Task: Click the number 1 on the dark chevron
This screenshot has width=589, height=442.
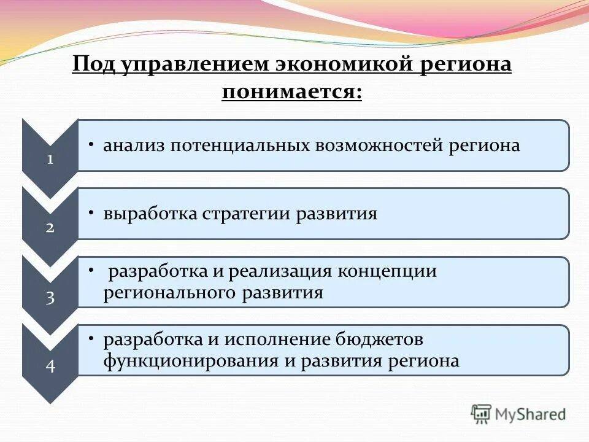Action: coord(50,160)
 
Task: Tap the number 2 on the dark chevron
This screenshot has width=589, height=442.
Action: coord(50,228)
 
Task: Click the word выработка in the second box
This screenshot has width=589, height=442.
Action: coord(149,214)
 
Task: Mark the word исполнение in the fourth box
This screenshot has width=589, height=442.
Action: coord(277,339)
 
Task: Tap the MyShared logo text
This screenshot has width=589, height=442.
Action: coord(531,415)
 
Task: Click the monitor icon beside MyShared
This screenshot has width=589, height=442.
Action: coord(482,414)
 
